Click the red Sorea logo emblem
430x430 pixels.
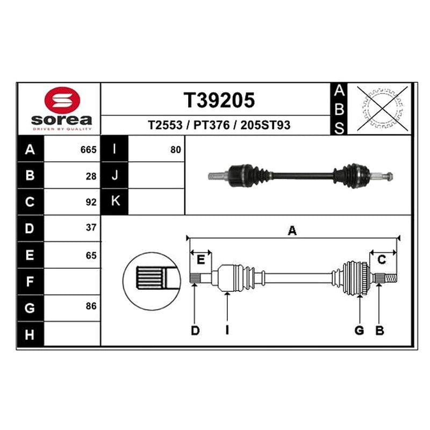(x=62, y=100)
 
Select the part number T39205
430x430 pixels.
(x=219, y=100)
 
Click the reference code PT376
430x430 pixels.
(x=211, y=125)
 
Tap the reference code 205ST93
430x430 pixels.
(x=265, y=125)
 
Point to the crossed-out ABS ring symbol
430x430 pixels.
(x=383, y=109)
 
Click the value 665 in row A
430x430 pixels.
(x=88, y=150)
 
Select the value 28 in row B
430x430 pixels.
(x=91, y=176)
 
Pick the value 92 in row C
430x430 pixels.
(x=91, y=202)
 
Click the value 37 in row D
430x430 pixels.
(x=91, y=227)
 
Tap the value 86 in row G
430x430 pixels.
(x=91, y=306)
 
